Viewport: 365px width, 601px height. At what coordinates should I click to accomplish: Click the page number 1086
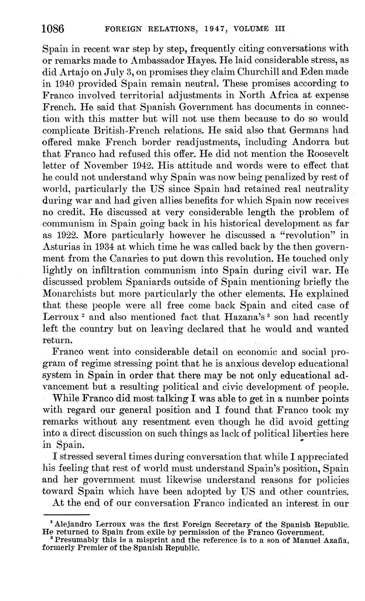pyautogui.click(x=53, y=29)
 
